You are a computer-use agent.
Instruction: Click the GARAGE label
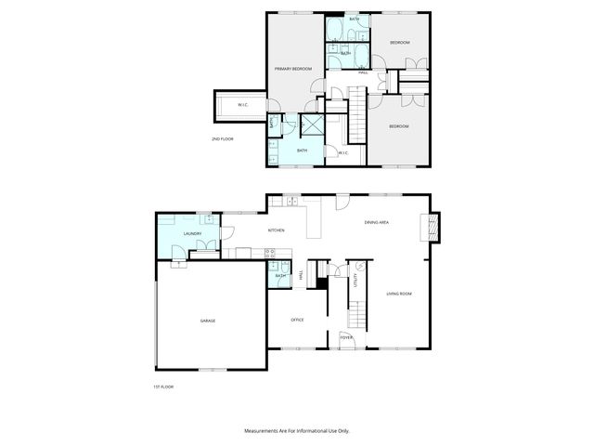pos(208,321)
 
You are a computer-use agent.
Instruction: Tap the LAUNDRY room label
pos(193,234)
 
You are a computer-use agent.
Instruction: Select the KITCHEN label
pos(276,230)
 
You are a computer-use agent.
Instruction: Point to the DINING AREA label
pos(376,222)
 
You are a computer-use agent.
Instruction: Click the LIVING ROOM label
pos(399,295)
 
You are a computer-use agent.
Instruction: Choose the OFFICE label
pos(298,320)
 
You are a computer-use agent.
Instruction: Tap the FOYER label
pos(346,338)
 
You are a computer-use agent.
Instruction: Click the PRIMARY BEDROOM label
pos(291,70)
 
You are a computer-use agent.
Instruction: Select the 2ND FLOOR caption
pos(223,138)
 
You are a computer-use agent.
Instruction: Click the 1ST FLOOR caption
pos(163,387)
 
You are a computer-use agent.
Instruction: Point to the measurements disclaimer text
pos(297,431)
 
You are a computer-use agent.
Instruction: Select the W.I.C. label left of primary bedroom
pos(242,105)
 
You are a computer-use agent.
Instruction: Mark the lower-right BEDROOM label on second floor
pos(399,126)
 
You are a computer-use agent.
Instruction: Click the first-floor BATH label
pos(278,276)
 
